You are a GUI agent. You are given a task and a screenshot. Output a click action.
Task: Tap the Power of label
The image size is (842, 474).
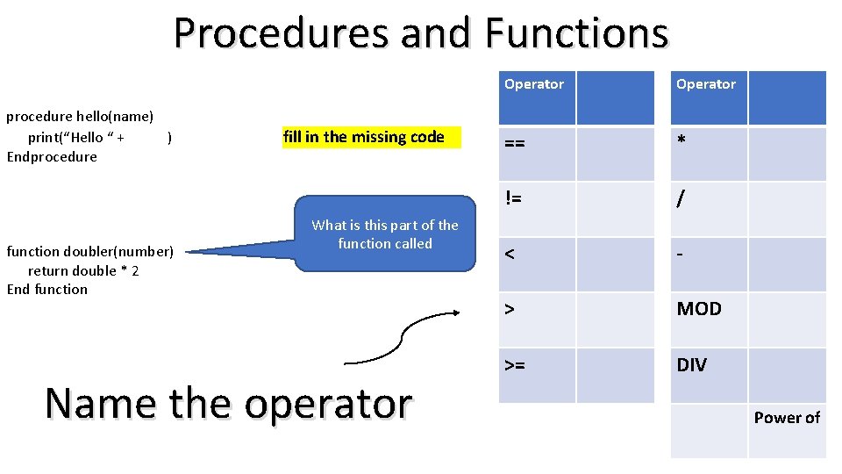click(x=787, y=418)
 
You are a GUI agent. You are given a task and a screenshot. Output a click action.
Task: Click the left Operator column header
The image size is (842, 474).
click(x=534, y=84)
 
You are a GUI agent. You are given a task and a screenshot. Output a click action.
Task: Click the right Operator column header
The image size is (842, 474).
click(x=706, y=84)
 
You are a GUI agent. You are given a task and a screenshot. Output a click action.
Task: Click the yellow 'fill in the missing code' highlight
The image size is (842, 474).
click(x=371, y=137)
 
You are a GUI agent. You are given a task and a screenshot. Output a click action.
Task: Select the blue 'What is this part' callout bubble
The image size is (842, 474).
click(x=385, y=234)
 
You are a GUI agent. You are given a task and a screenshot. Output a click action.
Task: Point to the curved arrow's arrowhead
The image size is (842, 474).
click(x=456, y=312)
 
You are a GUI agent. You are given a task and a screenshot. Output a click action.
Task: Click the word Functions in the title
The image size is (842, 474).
click(x=576, y=33)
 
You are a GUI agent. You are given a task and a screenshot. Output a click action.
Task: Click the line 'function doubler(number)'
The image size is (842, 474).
click(x=90, y=252)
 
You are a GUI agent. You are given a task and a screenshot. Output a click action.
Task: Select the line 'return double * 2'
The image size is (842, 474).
click(x=83, y=270)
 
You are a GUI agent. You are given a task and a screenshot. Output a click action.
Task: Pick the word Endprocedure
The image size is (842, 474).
click(x=52, y=157)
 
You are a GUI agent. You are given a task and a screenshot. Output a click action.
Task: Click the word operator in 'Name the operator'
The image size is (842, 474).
click(x=328, y=404)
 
